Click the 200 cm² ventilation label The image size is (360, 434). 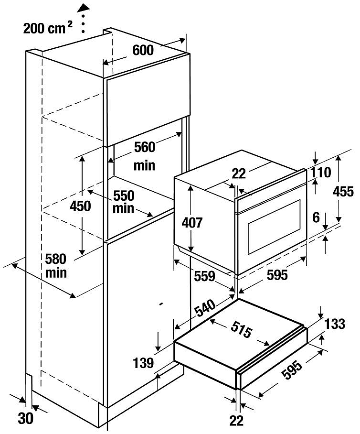[47, 28]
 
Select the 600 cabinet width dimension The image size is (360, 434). [143, 50]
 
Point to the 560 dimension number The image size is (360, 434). [144, 148]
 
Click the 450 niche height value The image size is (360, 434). [80, 206]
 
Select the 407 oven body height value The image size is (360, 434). [192, 223]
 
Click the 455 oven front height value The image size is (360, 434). [344, 192]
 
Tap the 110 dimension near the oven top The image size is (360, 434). [321, 173]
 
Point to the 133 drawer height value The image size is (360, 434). [335, 324]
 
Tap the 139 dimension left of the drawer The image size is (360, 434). [144, 363]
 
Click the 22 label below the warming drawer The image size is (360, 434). [236, 420]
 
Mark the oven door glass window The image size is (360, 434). [274, 227]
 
